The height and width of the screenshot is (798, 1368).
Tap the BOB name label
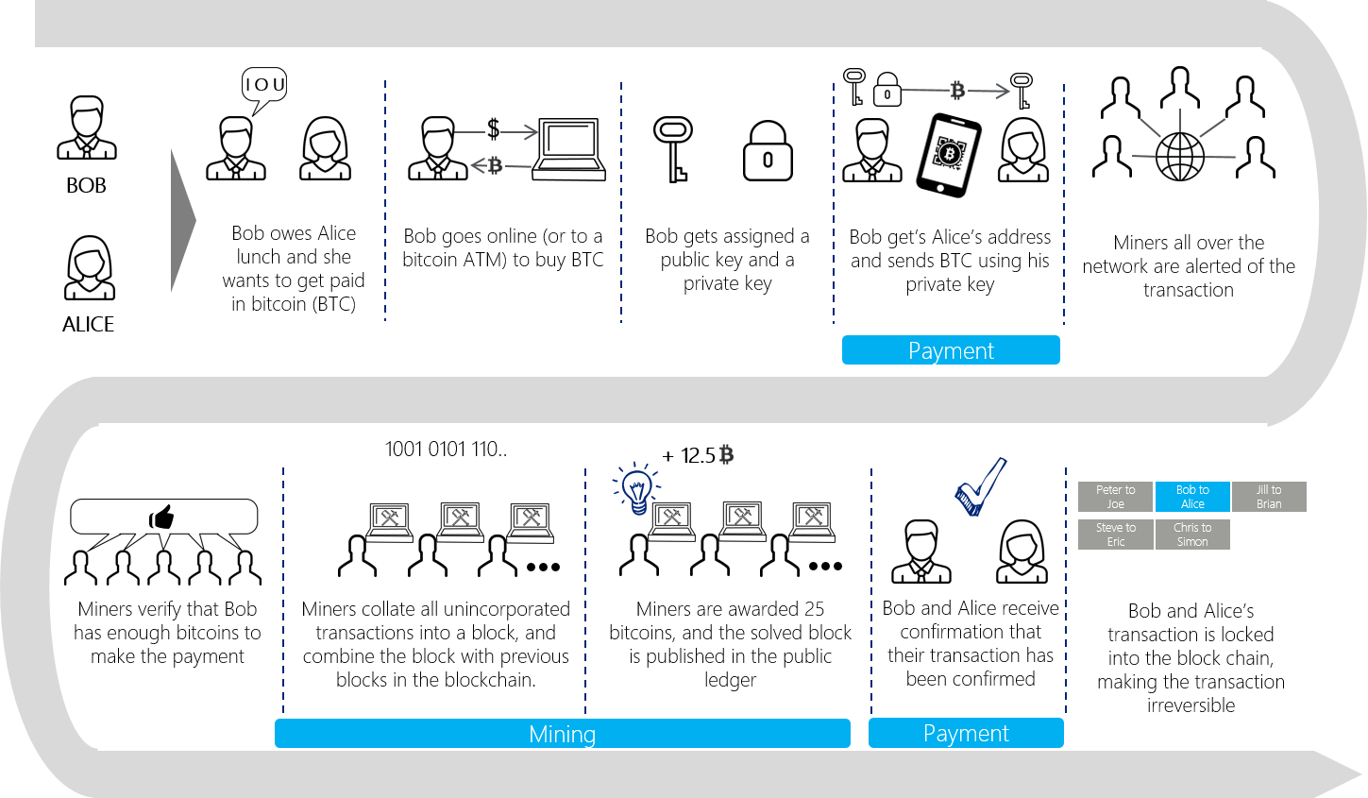pyautogui.click(x=86, y=185)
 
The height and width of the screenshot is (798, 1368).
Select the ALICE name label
pyautogui.click(x=88, y=324)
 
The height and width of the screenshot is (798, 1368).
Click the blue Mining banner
pyautogui.click(x=563, y=733)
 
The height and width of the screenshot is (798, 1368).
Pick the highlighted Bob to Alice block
pyautogui.click(x=1192, y=497)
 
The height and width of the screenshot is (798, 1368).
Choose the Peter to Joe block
pyautogui.click(x=1115, y=497)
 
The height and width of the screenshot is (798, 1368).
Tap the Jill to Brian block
pyautogui.click(x=1269, y=497)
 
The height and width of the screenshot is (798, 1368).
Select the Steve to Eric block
pyautogui.click(x=1115, y=535)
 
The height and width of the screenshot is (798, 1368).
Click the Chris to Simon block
pyautogui.click(x=1192, y=535)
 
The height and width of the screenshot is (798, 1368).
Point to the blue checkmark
pyautogui.click(x=980, y=487)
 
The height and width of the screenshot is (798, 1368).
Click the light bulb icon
pyautogui.click(x=635, y=488)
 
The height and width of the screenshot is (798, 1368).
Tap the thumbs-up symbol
pyautogui.click(x=161, y=517)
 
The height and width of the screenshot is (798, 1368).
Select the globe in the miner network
pyautogui.click(x=1180, y=157)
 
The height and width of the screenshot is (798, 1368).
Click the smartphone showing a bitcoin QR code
pyautogui.click(x=949, y=155)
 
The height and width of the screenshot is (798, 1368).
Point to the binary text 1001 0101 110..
pyautogui.click(x=446, y=450)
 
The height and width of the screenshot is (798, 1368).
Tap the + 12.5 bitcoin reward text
pyautogui.click(x=698, y=455)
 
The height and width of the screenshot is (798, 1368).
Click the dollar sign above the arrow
pyautogui.click(x=494, y=129)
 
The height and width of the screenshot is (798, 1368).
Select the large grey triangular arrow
pyautogui.click(x=182, y=220)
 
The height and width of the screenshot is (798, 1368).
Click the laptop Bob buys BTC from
pyautogui.click(x=568, y=149)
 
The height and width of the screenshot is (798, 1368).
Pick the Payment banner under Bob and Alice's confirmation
pyautogui.click(x=966, y=733)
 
